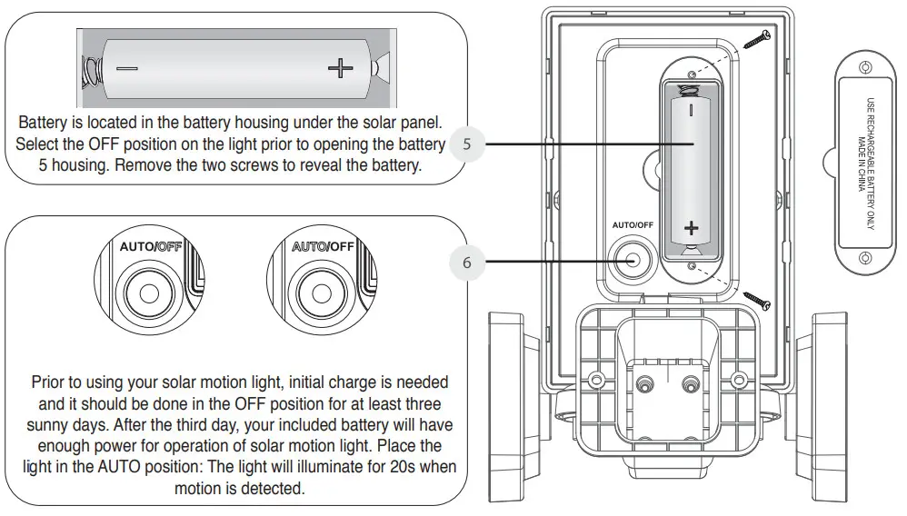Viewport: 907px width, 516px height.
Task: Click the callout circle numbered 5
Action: click(x=467, y=144)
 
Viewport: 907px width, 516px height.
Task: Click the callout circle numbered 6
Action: click(x=467, y=263)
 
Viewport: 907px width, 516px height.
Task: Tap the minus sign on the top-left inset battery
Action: click(x=127, y=69)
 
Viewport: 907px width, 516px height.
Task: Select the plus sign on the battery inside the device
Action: click(x=691, y=227)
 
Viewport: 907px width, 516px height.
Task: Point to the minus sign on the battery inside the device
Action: click(x=691, y=111)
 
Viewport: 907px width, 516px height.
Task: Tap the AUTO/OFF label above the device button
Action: click(x=633, y=224)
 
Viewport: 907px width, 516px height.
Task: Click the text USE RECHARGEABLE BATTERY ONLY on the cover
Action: click(x=870, y=164)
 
